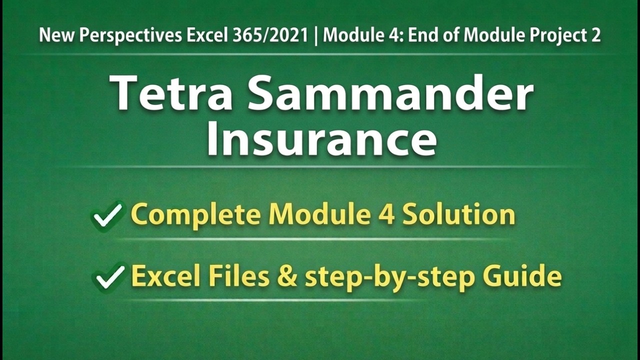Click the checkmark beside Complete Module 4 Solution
click(108, 215)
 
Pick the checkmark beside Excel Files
click(109, 276)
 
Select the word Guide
click(529, 276)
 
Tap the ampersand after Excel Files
click(287, 276)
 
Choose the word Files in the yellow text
click(239, 276)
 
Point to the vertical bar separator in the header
click(316, 35)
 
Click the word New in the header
click(53, 35)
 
